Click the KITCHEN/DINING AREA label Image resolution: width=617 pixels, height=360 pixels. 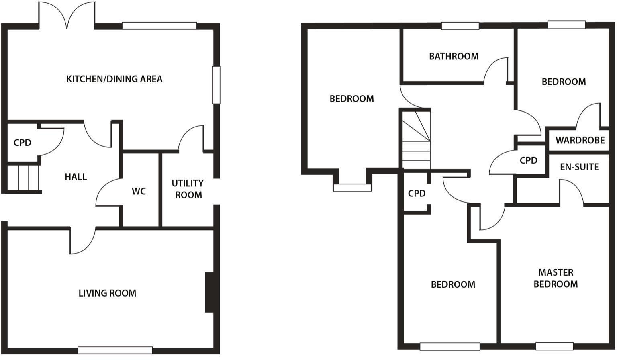[114, 79]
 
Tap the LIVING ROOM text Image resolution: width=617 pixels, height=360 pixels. [107, 293]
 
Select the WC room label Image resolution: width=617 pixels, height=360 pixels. [139, 191]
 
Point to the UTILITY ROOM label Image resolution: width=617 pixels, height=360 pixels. [188, 189]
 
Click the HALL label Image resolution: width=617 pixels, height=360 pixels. [76, 177]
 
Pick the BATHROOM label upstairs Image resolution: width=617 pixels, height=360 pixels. [454, 56]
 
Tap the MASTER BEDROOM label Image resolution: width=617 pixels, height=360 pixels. [556, 278]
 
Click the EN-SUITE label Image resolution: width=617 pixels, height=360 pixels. [579, 167]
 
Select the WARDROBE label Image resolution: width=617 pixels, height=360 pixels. [580, 140]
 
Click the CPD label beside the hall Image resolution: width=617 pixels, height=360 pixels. [22, 143]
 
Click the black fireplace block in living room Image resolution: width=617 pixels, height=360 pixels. [209, 292]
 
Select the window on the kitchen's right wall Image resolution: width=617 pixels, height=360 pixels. [216, 85]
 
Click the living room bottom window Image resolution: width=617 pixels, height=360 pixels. [115, 350]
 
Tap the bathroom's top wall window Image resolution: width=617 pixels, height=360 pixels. [460, 26]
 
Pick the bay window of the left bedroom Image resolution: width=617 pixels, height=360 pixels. [352, 187]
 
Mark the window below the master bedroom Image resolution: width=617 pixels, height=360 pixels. [554, 346]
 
